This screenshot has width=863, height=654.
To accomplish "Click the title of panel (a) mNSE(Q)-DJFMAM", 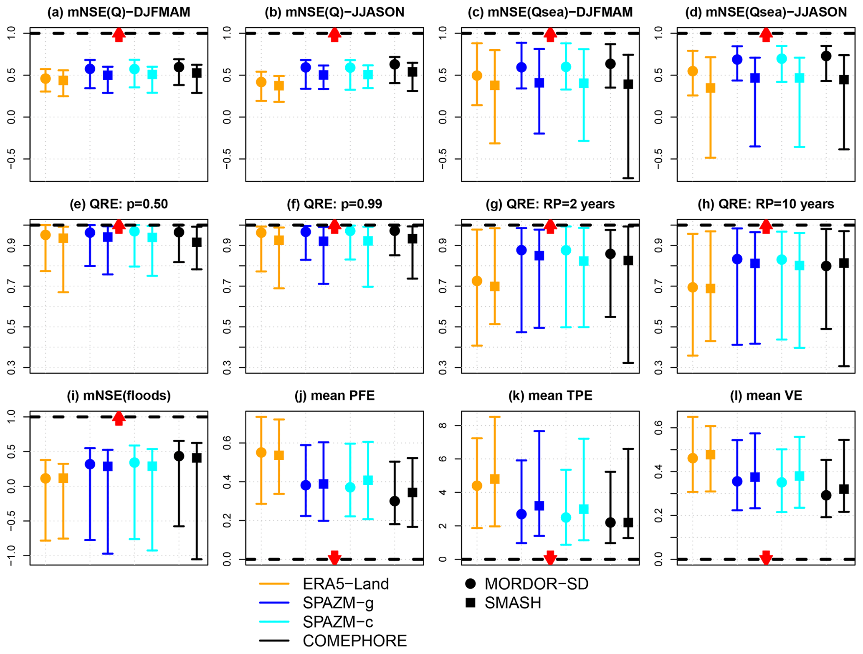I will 119,13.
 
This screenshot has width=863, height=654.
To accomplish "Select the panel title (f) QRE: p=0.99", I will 334,204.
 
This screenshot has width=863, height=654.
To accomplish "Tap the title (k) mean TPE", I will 550,396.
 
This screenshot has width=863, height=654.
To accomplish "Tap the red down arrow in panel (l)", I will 766,557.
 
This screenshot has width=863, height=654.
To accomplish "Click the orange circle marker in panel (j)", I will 261,453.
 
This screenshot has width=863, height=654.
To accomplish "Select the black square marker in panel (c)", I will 628,84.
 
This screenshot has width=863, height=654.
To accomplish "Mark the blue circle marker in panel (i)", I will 90,464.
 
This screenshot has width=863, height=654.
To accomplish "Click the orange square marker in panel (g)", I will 495,286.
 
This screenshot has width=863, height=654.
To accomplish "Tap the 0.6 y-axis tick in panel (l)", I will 658,428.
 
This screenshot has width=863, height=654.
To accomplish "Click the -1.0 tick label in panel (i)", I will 12,555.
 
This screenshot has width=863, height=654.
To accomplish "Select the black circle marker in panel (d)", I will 826,56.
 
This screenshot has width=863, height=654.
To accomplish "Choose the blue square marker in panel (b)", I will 324,75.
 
